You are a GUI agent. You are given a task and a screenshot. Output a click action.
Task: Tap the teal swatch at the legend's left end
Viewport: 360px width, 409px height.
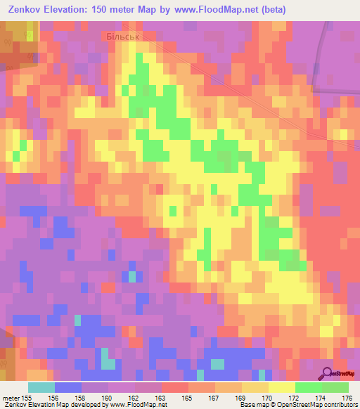[x=41, y=387]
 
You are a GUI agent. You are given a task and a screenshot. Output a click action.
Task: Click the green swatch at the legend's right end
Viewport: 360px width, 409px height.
[x=335, y=387]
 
